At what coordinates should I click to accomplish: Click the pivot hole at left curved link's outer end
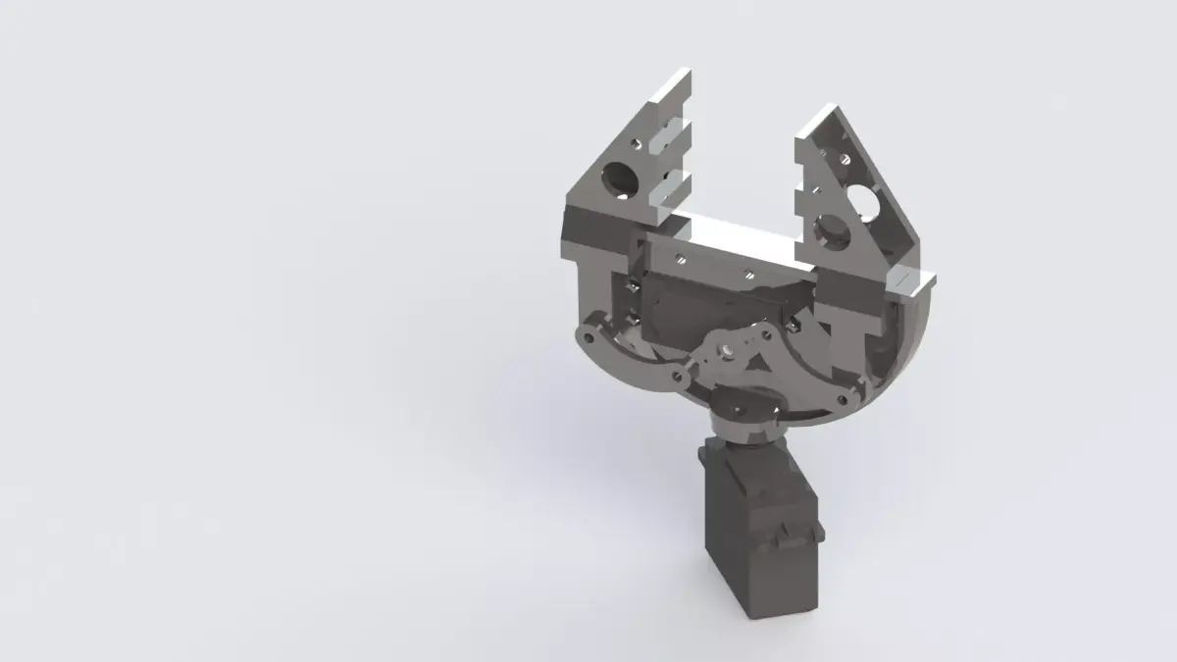click(587, 338)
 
